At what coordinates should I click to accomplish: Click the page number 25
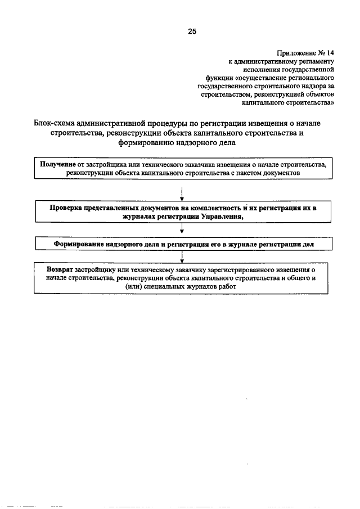tap(192, 31)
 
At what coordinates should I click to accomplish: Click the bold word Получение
tap(58, 164)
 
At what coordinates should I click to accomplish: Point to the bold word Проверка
tap(66, 208)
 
